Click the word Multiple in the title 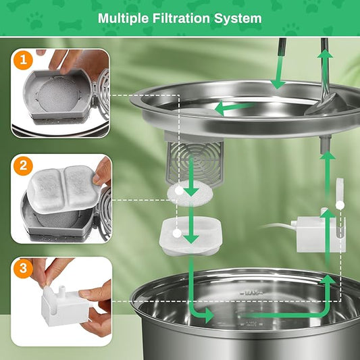click(125, 18)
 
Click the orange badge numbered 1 click(22, 61)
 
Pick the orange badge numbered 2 click(22, 165)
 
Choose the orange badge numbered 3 click(22, 268)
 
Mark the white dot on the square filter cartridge click(177, 233)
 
